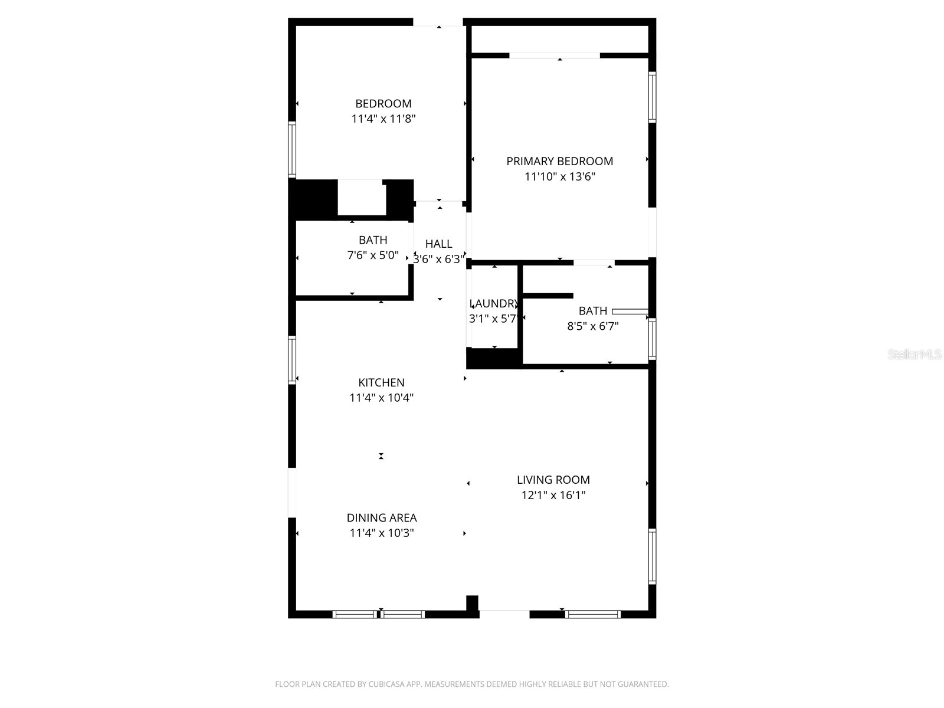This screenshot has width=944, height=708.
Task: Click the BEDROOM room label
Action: click(383, 104)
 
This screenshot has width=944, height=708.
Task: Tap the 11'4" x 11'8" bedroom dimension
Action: click(383, 119)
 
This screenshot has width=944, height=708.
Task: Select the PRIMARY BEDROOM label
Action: click(559, 161)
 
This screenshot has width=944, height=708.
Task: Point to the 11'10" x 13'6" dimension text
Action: click(559, 176)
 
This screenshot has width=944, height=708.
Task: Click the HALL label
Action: click(438, 244)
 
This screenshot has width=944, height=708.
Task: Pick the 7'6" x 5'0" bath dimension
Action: click(373, 255)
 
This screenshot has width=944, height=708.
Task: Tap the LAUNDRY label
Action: click(494, 304)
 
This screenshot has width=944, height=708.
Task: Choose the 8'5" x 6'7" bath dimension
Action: click(592, 326)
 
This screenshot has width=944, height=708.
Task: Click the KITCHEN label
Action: click(381, 382)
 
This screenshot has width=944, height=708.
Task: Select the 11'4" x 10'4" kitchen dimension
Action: click(381, 398)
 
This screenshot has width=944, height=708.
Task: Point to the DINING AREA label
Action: click(381, 518)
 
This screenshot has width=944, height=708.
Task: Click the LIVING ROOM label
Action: click(553, 480)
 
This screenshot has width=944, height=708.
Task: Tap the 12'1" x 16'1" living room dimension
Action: click(553, 496)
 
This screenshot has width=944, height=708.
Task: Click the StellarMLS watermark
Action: click(914, 355)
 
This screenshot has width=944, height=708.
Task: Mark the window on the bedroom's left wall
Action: click(291, 149)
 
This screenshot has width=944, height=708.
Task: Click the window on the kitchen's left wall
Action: click(291, 360)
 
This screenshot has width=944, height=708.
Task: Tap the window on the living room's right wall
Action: click(652, 556)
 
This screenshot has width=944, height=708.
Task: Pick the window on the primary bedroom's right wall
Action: click(652, 97)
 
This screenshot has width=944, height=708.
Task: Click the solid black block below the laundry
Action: click(494, 358)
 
